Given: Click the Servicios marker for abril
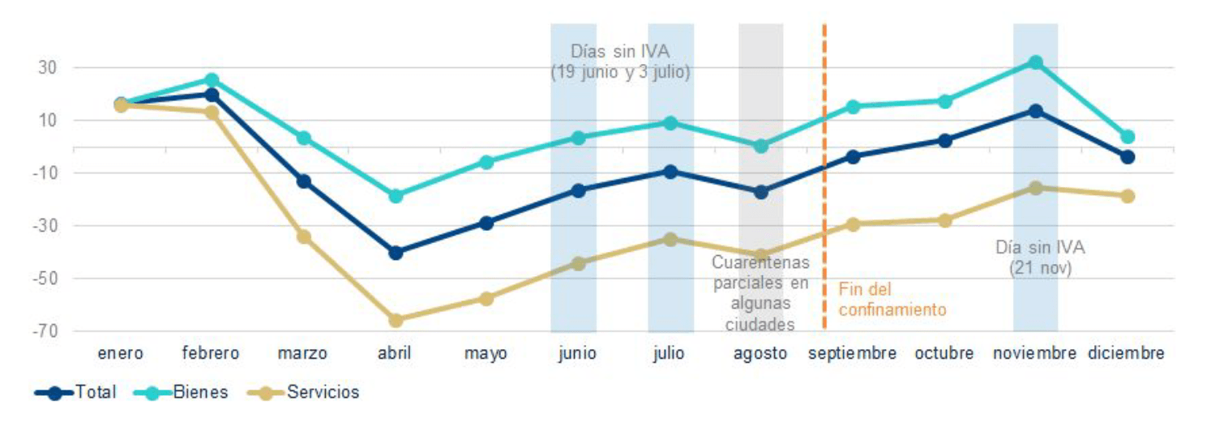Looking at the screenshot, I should pyautogui.click(x=396, y=321).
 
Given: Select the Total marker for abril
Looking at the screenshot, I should pyautogui.click(x=396, y=253).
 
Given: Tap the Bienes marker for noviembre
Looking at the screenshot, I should pyautogui.click(x=1035, y=62).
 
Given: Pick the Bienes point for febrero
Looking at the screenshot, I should pyautogui.click(x=212, y=80).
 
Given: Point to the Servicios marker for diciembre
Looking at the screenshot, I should pyautogui.click(x=1127, y=196).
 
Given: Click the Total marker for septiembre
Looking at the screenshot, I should pyautogui.click(x=853, y=156).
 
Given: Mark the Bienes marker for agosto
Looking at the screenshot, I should pyautogui.click(x=761, y=146).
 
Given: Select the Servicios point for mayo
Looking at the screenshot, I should pyautogui.click(x=486, y=299).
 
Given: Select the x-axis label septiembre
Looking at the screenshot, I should pyautogui.click(x=853, y=354).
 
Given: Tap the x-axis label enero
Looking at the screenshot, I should pyautogui.click(x=121, y=354).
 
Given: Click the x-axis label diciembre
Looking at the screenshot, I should pyautogui.click(x=1127, y=354).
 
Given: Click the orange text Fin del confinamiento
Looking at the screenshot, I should pyautogui.click(x=892, y=299).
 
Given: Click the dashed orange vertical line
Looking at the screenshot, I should pyautogui.click(x=824, y=202).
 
